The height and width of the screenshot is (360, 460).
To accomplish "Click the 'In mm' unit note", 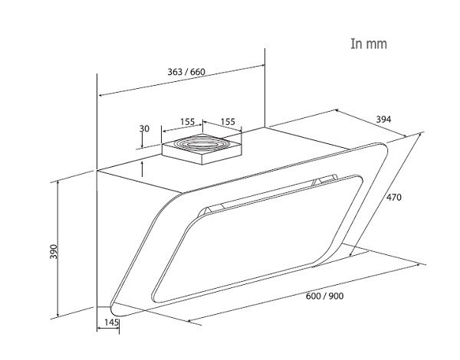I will [368, 44].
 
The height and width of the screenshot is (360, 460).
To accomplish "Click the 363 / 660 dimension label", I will [186, 72].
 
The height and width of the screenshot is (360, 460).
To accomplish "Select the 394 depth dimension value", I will [383, 119].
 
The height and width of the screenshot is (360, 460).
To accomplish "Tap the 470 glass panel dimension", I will [393, 198].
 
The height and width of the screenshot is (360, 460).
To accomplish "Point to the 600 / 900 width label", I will [325, 296].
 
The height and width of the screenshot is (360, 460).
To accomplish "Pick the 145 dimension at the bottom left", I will [110, 322].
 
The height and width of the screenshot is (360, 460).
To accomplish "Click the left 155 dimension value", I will [187, 121].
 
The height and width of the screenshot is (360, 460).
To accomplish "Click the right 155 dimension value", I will [227, 121].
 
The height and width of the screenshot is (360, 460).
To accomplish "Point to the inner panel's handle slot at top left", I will [209, 208].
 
